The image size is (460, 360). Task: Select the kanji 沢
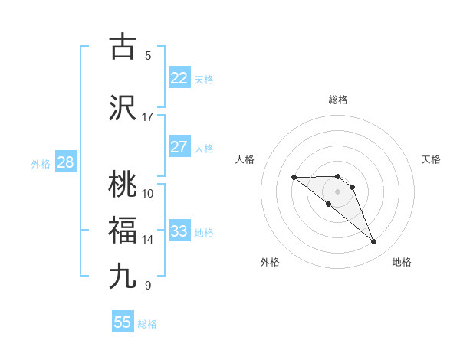pos(123,108)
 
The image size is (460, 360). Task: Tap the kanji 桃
pos(123,185)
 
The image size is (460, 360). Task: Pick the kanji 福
pos(123,231)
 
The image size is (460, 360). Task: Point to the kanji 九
pos(123,276)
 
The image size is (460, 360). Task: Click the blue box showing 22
pos(179,77)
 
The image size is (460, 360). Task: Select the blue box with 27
pos(179,147)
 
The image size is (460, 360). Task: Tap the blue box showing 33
pos(179,231)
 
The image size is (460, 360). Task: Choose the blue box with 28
pos(65,162)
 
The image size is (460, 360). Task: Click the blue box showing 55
pos(123,322)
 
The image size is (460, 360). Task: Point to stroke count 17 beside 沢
pos(147,117)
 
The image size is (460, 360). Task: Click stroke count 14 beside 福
pos(147,240)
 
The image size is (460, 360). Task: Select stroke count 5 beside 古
pos(148,55)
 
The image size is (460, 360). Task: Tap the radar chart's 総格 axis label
pos(338,100)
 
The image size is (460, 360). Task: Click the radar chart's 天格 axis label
pos(431,159)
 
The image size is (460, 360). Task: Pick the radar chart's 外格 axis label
pos(270,262)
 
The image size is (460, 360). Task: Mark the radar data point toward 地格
pos(374,242)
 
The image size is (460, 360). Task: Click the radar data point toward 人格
pos(294,178)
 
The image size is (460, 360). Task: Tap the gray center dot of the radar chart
pos(338,191)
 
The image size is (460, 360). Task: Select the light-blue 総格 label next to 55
pos(147,324)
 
